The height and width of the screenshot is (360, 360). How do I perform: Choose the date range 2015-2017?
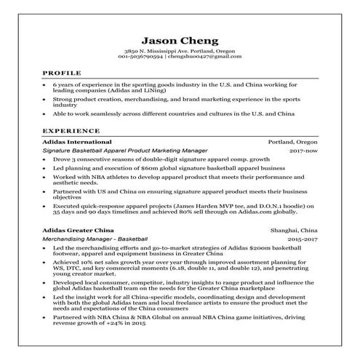click(x=303, y=239)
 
